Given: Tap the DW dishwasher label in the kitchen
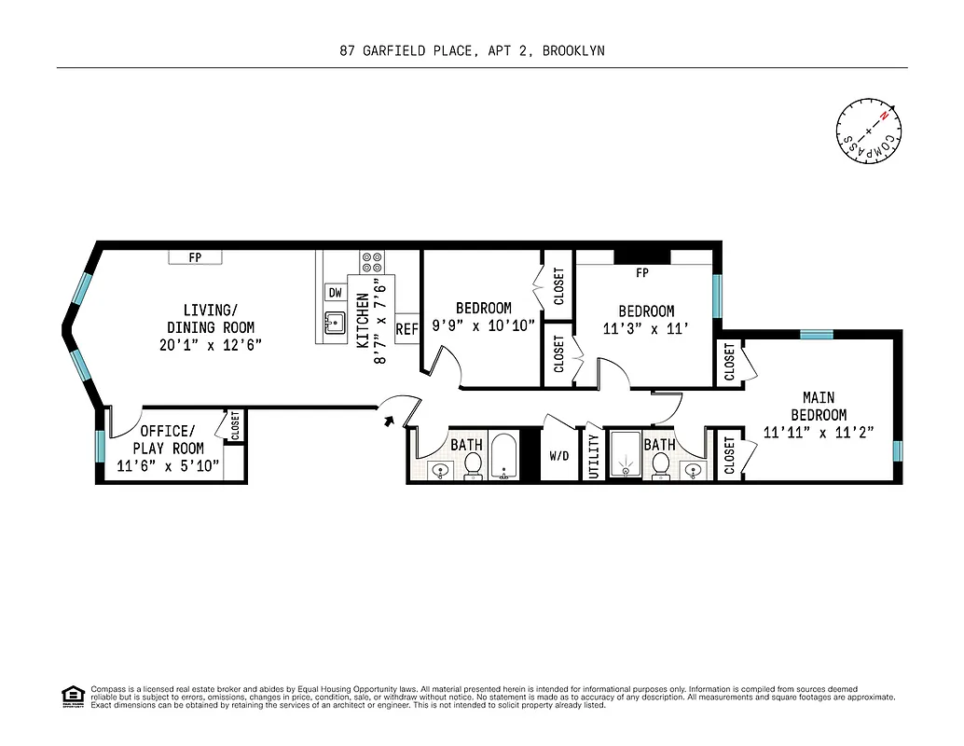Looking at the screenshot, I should [335, 292].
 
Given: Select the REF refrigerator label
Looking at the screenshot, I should [406, 329].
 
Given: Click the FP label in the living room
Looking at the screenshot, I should [195, 257].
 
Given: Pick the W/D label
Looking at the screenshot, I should [559, 457].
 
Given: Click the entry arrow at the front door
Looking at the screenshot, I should [389, 421].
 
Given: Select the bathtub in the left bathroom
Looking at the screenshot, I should [504, 456].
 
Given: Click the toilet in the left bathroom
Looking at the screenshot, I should [473, 463].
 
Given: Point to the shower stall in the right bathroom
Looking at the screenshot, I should [624, 456].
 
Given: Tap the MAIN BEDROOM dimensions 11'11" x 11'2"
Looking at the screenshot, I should [818, 432].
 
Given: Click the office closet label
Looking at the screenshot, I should [235, 425].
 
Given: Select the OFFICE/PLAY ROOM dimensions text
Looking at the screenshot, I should [168, 465].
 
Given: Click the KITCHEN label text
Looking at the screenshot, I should [363, 320].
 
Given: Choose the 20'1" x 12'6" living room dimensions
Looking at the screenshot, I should [210, 344].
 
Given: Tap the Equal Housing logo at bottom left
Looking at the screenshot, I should [72, 696].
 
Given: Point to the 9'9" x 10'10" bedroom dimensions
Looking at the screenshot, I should [483, 325].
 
